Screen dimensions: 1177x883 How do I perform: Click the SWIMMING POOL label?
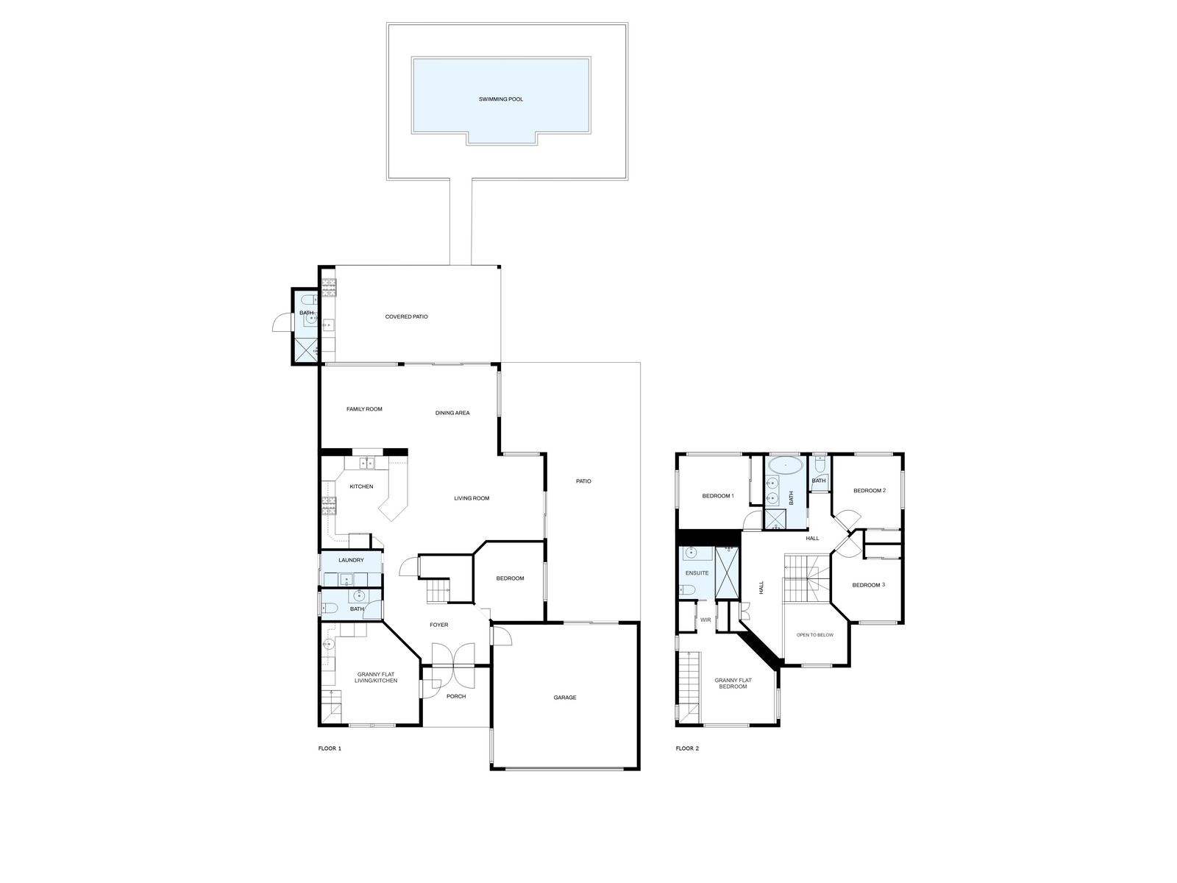point(500,99)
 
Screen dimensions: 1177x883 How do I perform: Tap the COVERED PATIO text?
point(407,317)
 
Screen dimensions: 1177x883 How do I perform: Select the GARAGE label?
point(565,698)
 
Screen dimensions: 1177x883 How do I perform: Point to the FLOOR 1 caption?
point(330,748)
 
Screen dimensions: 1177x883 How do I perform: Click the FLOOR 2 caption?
point(687,748)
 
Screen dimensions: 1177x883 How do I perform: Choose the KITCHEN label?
point(361,487)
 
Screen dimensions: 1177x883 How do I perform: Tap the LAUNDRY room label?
point(351,560)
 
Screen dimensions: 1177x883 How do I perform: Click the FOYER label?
point(438,625)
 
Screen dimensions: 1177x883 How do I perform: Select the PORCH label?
point(456,696)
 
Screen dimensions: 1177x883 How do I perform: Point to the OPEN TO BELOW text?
point(814,635)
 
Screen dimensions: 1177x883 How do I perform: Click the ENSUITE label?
point(697,573)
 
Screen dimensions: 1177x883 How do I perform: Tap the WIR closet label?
point(705,620)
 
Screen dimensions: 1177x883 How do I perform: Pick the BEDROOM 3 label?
point(868,585)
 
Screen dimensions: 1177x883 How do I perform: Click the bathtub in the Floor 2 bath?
point(786,466)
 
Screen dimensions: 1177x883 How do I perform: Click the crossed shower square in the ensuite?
point(727,572)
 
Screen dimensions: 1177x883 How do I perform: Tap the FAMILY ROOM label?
point(364,409)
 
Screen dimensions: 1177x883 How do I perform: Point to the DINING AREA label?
point(452,413)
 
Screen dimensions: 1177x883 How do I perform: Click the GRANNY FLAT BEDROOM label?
point(733,683)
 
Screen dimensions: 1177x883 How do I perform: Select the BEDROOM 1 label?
point(717,496)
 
